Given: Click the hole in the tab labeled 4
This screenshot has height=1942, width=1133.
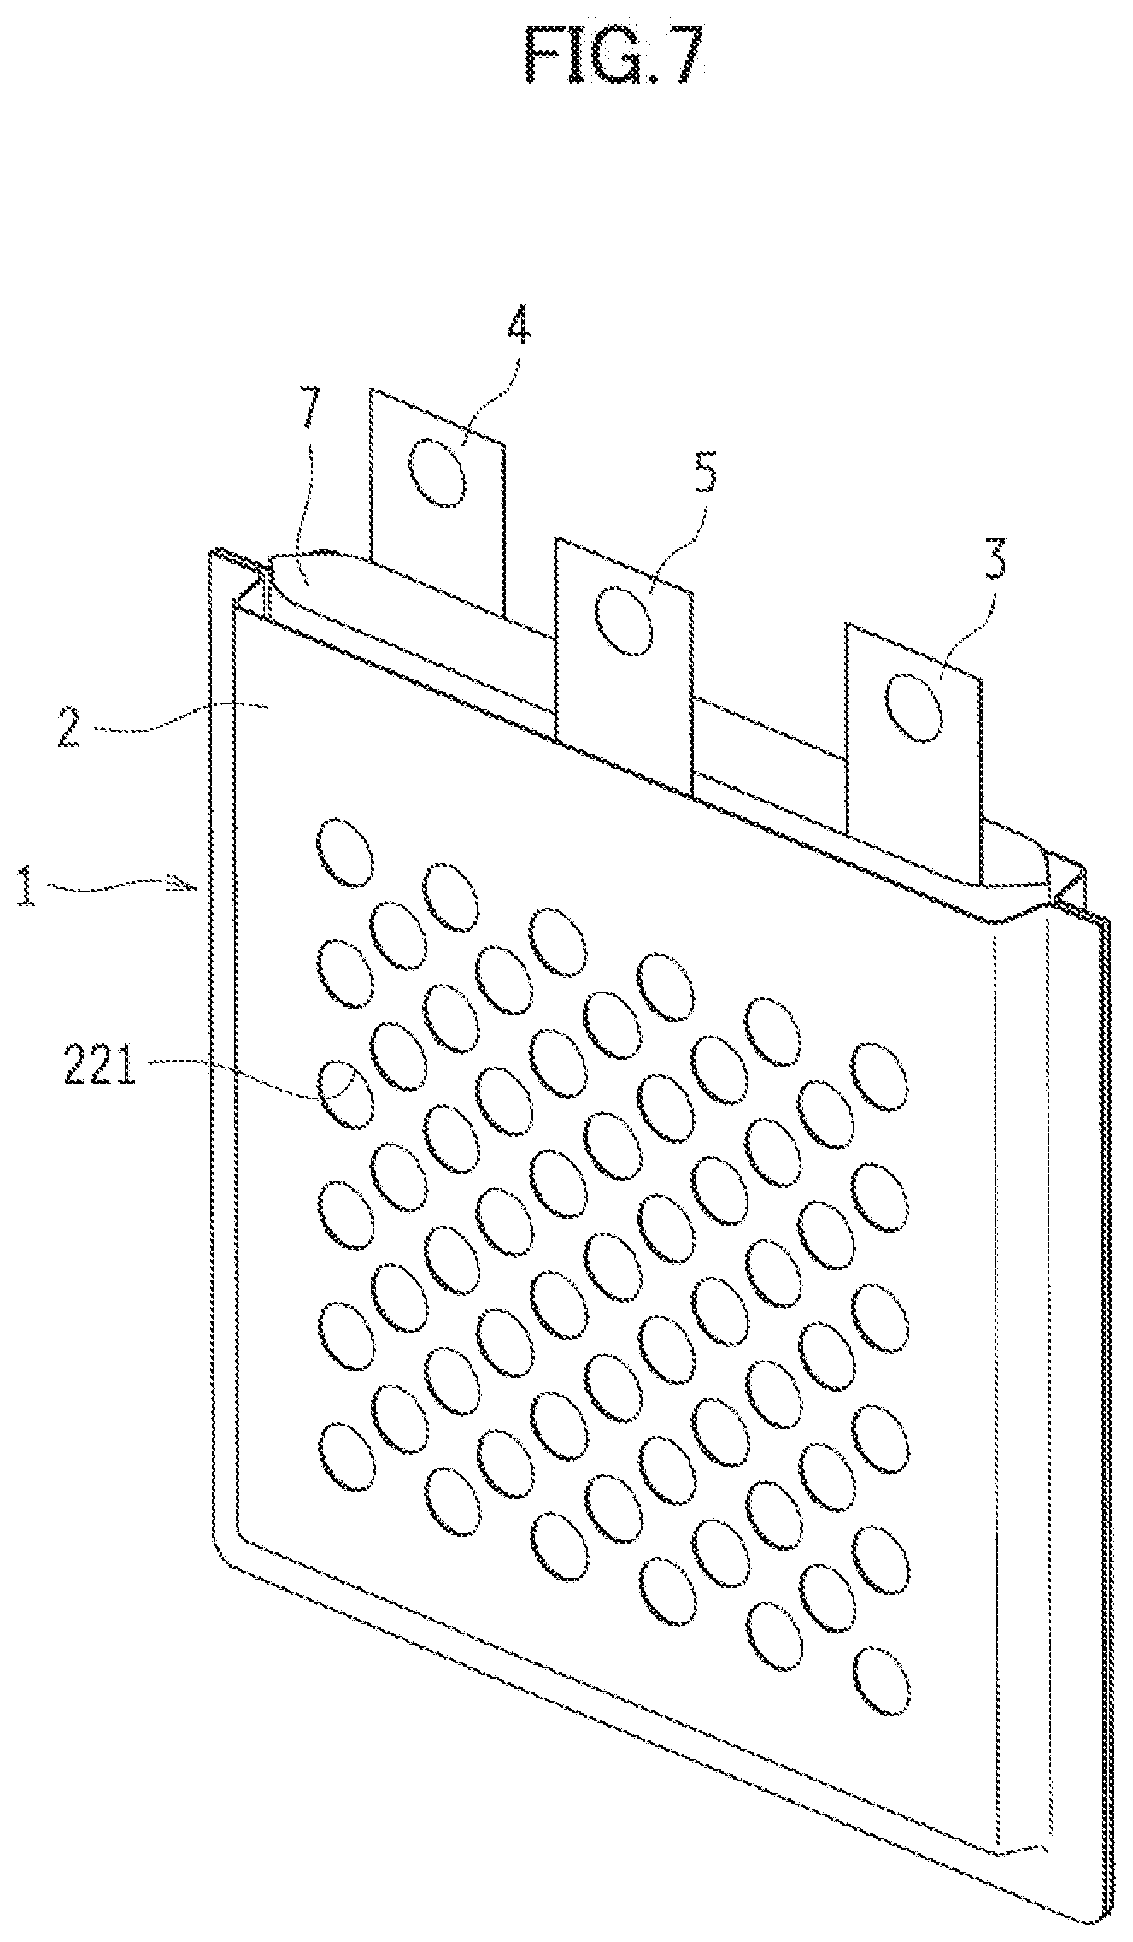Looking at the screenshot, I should tap(437, 474).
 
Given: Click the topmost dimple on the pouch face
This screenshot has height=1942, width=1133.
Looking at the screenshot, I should tap(344, 851).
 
